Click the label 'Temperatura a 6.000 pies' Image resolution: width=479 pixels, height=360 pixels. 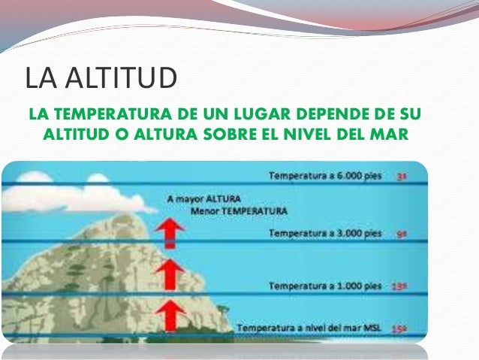click(326, 176)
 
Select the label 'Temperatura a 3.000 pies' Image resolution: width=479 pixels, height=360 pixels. click(326, 234)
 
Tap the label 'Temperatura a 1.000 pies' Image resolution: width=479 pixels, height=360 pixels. click(326, 286)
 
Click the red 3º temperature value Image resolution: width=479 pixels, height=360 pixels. click(402, 177)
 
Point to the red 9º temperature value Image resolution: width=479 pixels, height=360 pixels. click(402, 234)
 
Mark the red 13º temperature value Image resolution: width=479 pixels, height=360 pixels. click(400, 286)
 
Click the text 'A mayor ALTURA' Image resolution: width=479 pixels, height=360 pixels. click(203, 200)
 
